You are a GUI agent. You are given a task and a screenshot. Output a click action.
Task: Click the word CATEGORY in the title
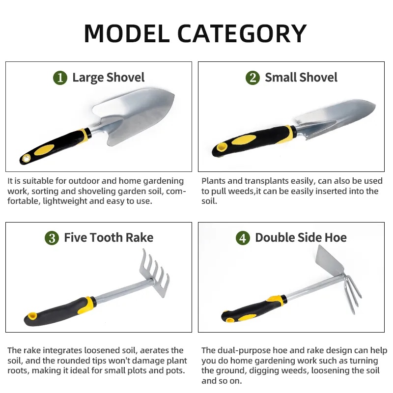click(242, 33)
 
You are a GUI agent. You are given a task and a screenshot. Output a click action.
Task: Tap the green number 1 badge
click(60, 78)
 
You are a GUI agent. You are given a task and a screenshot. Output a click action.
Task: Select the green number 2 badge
click(253, 78)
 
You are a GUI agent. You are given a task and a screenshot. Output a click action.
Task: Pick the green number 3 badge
click(52, 238)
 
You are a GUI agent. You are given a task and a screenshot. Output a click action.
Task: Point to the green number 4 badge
click(243, 238)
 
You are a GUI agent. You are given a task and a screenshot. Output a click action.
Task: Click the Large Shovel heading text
click(108, 78)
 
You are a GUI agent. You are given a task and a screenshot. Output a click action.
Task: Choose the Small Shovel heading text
click(301, 78)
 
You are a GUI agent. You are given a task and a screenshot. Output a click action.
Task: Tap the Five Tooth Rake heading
click(109, 238)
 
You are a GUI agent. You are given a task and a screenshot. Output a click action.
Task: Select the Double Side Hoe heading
click(301, 238)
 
